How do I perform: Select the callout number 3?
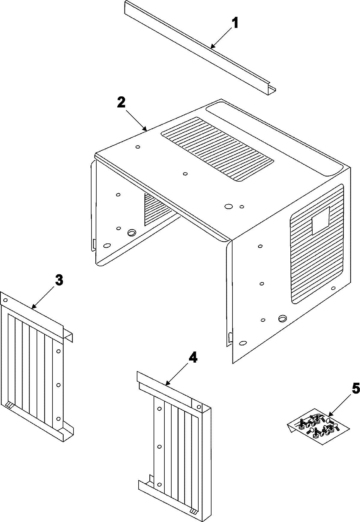click(59, 280)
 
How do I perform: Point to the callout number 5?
click(355, 389)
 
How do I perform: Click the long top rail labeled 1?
click(198, 48)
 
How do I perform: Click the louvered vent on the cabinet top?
click(217, 149)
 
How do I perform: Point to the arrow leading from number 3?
click(44, 297)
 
